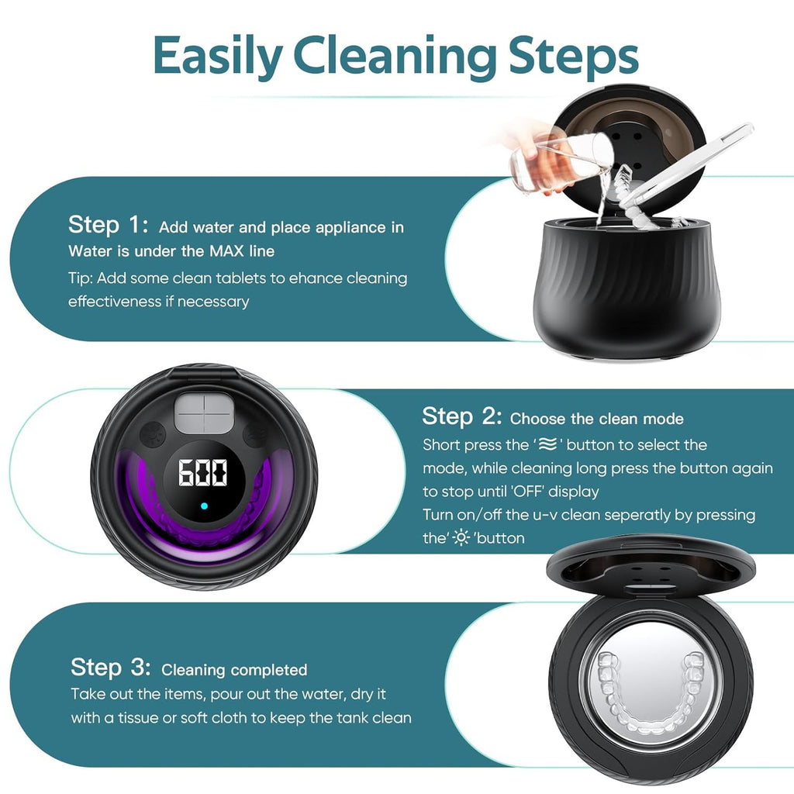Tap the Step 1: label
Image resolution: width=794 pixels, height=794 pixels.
pyautogui.click(x=108, y=226)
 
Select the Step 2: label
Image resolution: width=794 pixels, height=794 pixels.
pyautogui.click(x=461, y=417)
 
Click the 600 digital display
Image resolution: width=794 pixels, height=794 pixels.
pyautogui.click(x=203, y=472)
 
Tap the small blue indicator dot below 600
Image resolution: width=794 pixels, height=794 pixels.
pyautogui.click(x=203, y=507)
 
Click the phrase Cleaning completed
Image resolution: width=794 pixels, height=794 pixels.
pyautogui.click(x=234, y=670)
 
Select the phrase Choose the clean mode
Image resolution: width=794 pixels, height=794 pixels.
pyautogui.click(x=596, y=419)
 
